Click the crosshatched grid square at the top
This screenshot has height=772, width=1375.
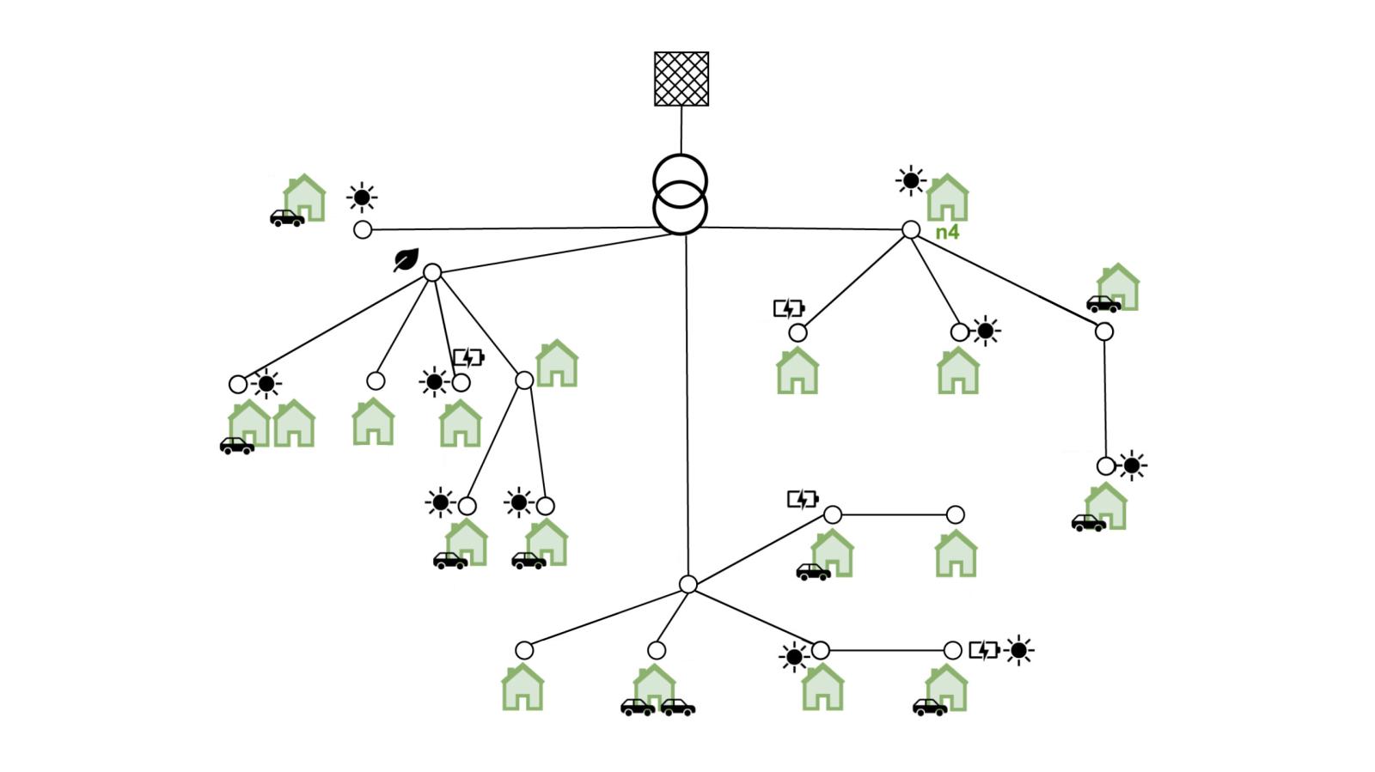(x=681, y=79)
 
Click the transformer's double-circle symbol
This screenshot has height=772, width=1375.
(x=681, y=195)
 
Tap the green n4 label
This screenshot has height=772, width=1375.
(x=947, y=232)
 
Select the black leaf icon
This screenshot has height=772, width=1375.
(x=406, y=259)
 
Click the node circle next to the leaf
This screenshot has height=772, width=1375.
(x=432, y=272)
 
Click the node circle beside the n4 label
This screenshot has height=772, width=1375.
(x=911, y=229)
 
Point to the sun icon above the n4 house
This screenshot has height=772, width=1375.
(x=910, y=181)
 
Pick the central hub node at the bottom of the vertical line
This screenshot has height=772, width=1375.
(x=687, y=584)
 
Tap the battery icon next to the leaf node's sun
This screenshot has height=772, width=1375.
(x=468, y=357)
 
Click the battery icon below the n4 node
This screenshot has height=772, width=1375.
(x=789, y=308)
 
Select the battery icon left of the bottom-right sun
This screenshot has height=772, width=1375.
(x=984, y=650)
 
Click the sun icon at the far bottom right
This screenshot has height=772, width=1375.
(x=1019, y=650)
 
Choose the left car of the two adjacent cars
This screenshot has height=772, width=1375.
(x=638, y=708)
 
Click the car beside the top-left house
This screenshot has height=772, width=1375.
(x=287, y=218)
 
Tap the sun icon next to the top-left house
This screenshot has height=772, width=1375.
(x=362, y=198)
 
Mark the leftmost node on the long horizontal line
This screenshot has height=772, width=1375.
(x=363, y=230)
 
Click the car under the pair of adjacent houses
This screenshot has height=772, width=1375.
(x=236, y=446)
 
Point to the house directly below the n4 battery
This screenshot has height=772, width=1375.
(x=797, y=371)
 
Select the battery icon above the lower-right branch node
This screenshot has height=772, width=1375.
(x=803, y=499)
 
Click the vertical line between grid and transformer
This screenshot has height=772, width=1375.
(x=681, y=130)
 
